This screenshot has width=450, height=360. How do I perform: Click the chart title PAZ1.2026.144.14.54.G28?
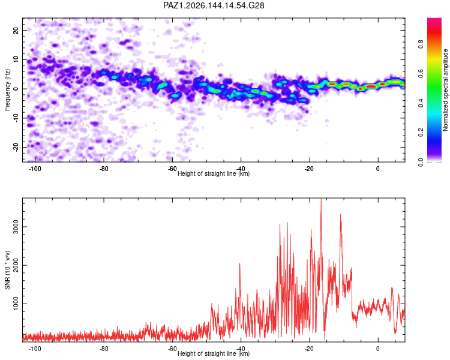pos(214,5)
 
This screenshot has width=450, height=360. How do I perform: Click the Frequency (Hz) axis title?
pos(7,90)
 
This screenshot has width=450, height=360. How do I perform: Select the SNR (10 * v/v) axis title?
pos(7,270)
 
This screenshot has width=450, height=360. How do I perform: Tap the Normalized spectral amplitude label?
pos(445,90)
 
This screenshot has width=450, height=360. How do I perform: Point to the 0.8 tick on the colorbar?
pos(421,44)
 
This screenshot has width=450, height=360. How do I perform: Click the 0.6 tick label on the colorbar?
pos(421,73)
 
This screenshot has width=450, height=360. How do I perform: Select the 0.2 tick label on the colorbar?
pos(421,133)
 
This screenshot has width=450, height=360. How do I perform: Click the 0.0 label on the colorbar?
pos(421,162)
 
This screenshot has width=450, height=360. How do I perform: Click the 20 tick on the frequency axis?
pos(16,30)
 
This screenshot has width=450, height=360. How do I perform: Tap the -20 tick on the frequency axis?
pos(16,147)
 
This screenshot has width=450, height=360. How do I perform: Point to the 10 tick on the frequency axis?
pos(16,59)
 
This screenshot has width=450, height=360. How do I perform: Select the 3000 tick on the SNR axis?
pos(16,227)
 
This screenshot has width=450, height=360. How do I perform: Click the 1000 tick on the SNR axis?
pos(16,304)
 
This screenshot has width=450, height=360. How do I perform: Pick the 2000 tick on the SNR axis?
pos(16,265)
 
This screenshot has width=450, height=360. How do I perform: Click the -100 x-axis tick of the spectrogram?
pos(35,169)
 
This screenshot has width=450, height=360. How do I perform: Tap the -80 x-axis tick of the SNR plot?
pos(104,349)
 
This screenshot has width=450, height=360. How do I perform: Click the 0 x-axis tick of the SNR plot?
pos(377,349)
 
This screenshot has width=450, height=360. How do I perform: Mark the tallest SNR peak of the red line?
pos(321,199)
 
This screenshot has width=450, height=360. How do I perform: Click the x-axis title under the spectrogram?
pos(214,173)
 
